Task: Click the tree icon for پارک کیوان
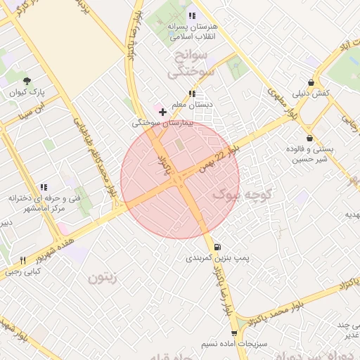27,82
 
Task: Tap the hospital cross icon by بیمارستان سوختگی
163,112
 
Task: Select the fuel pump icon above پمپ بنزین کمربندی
217,247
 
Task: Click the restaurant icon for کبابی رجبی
23,260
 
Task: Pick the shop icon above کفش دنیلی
311,82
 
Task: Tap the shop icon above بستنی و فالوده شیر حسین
310,139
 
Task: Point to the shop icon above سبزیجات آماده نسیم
234,333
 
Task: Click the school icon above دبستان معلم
192,94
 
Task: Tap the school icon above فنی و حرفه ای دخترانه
44,187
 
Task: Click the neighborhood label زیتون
105,278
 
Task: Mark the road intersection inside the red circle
179,179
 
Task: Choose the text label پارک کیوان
27,93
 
